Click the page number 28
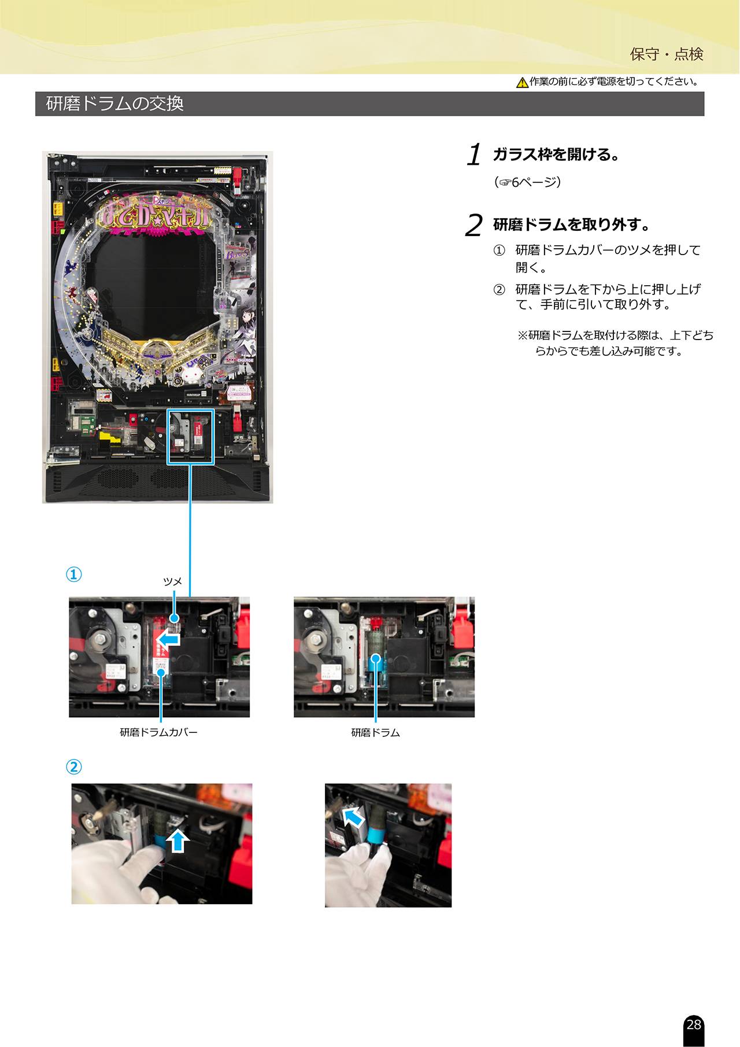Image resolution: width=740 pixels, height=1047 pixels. tap(693, 1024)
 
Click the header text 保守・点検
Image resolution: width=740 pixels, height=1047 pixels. tap(667, 54)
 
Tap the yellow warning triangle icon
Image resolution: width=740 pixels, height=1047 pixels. tap(522, 83)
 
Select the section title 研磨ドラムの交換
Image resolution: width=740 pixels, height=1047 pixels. tap(115, 104)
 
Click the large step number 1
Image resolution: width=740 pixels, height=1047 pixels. tap(475, 154)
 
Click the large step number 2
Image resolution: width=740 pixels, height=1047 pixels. tap(474, 225)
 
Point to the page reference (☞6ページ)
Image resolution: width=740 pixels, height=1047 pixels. tap(527, 183)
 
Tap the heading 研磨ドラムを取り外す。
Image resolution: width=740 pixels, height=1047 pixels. tap(571, 224)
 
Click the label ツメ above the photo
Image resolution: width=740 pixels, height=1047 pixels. tap(172, 581)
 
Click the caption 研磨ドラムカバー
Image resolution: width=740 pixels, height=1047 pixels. tap(159, 732)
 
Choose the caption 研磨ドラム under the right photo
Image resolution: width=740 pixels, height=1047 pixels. tap(376, 732)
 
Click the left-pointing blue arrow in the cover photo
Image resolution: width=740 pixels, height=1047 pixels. tap(169, 639)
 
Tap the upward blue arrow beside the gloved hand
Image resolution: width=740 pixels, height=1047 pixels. tap(178, 841)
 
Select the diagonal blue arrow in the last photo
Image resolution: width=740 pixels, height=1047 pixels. tap(353, 817)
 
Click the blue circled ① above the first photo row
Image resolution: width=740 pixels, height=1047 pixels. tap(73, 574)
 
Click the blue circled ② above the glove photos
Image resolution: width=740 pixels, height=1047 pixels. tap(73, 767)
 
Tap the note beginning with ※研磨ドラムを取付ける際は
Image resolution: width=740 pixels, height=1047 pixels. tap(615, 343)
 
